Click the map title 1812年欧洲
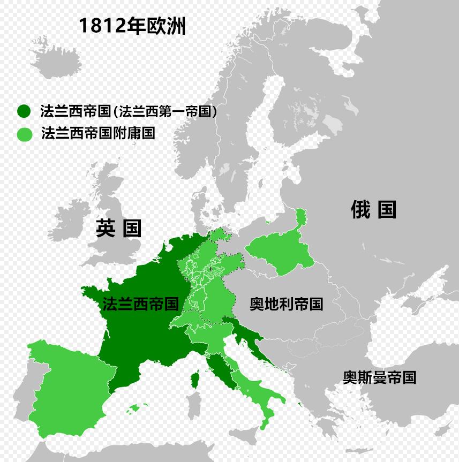tap(132, 26)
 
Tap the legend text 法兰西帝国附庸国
tap(98, 133)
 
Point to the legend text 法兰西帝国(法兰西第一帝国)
tap(129, 111)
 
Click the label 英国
tap(119, 228)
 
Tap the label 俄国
tap(373, 209)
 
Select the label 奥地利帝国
tap(286, 304)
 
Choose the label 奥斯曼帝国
tap(379, 377)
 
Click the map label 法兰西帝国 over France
tap(140, 304)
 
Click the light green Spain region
tap(64, 385)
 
